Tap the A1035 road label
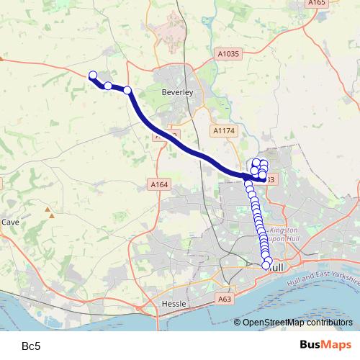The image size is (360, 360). (228, 54)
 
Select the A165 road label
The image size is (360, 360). (317, 4)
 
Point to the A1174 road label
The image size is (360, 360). (224, 130)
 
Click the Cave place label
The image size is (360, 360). (10, 222)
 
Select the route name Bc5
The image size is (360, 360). (31, 346)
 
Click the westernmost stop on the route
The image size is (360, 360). (92, 75)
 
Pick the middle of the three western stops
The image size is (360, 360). (108, 86)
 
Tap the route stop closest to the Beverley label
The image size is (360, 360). (127, 90)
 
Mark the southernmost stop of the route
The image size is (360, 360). (266, 266)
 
